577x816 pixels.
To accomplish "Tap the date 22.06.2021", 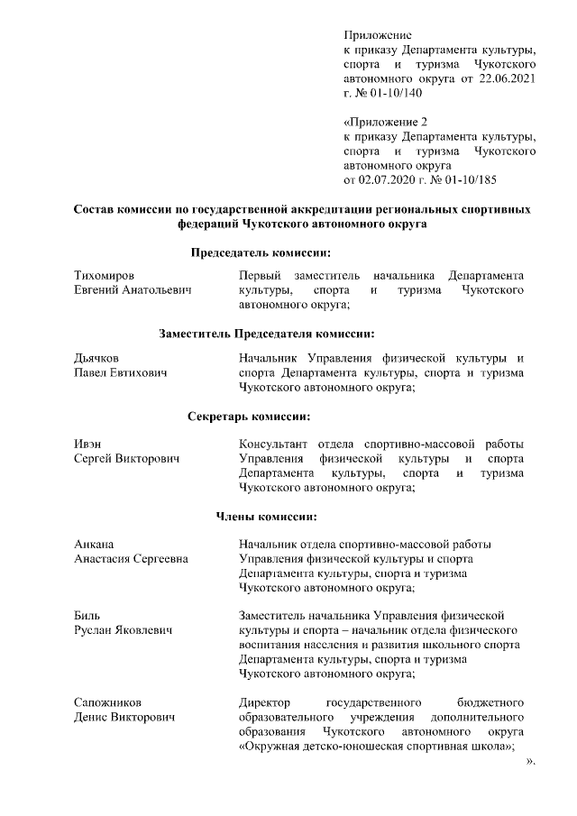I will pyautogui.click(x=508, y=79).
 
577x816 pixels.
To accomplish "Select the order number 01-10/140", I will pyautogui.click(x=393, y=93).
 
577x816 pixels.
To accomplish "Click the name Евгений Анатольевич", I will pyautogui.click(x=133, y=290).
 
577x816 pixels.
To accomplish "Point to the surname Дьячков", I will pyautogui.click(x=96, y=358).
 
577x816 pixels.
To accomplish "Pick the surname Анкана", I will pyautogui.click(x=94, y=544).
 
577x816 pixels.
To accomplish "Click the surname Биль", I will pyautogui.click(x=87, y=615).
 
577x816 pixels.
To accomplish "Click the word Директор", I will pyautogui.click(x=263, y=701).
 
